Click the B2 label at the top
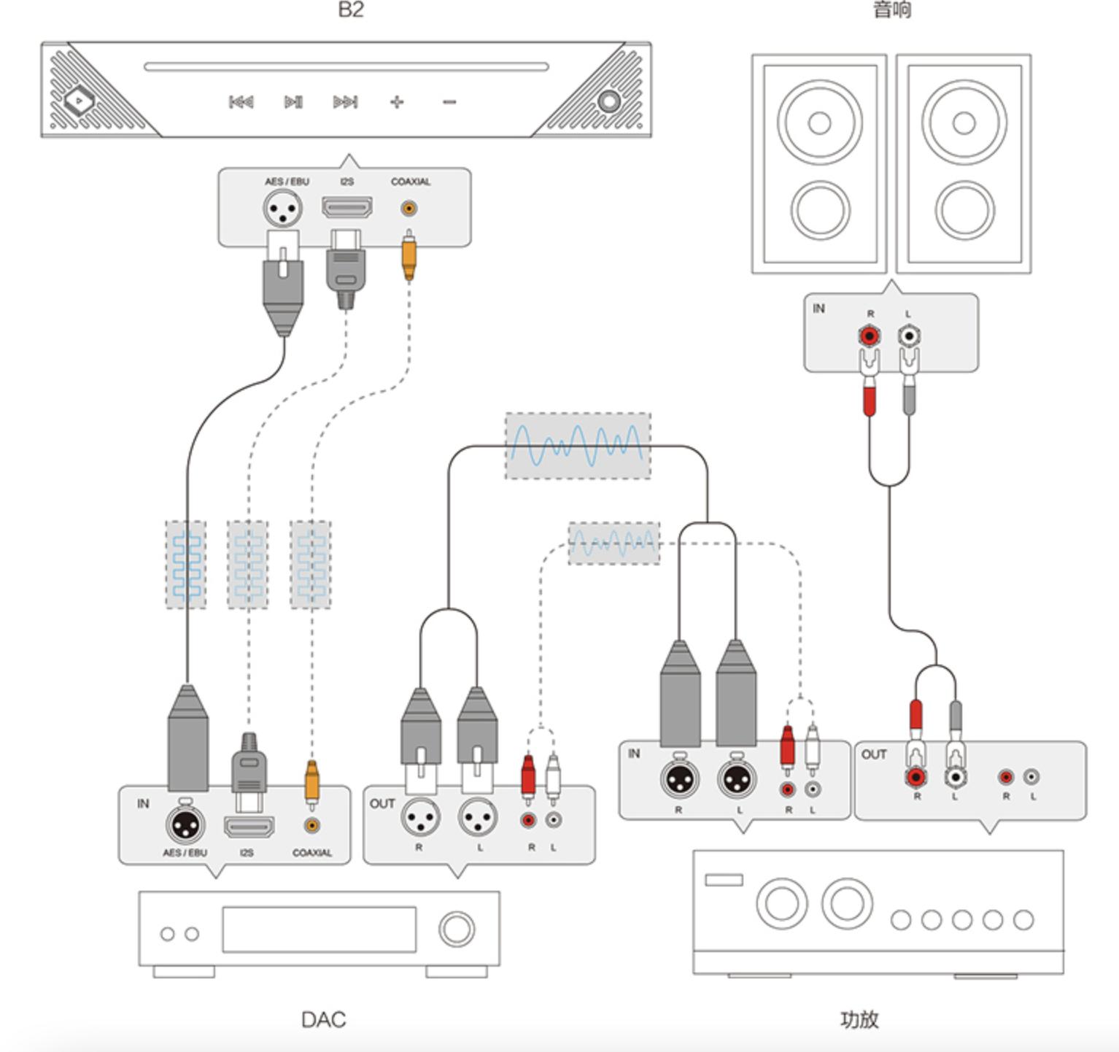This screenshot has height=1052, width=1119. (x=351, y=9)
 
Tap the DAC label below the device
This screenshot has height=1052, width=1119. (x=323, y=1019)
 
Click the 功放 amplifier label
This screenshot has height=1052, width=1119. (x=859, y=1019)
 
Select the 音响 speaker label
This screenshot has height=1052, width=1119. (x=891, y=9)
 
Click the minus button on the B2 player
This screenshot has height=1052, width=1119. (x=449, y=102)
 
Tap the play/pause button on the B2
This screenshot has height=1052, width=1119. (x=293, y=102)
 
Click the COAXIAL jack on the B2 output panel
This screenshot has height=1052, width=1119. (x=409, y=209)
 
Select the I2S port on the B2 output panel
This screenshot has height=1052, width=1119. (x=347, y=208)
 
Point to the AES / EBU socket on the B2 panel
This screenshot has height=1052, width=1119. (x=283, y=210)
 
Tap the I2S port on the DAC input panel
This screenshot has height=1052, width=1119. (x=249, y=827)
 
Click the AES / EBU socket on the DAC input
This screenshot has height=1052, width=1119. (x=185, y=825)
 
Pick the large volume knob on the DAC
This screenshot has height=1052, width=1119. (x=457, y=929)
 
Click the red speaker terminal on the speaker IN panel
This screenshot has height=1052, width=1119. (x=870, y=336)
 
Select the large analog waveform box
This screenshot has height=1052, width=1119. (x=578, y=446)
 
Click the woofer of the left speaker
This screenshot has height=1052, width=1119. (x=820, y=210)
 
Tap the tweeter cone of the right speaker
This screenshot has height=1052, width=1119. (x=964, y=123)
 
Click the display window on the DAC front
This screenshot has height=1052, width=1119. (x=319, y=929)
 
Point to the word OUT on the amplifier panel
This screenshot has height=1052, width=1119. (x=873, y=754)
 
